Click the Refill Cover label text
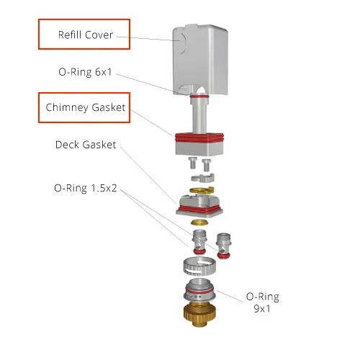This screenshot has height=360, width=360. [86, 35]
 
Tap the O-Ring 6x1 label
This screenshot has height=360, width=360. [85, 72]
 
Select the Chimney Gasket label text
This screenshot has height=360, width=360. [86, 107]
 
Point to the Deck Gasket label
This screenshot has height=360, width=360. [86, 145]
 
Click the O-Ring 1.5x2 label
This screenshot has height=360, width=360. [86, 188]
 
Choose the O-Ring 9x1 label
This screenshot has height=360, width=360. [263, 302]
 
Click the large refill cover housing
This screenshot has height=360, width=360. [200, 60]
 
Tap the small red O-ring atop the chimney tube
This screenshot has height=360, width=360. [199, 96]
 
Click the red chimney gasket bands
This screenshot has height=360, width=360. [199, 138]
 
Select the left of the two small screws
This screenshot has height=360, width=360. [192, 163]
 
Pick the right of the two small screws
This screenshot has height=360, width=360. [207, 165]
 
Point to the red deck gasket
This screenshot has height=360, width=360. [199, 209]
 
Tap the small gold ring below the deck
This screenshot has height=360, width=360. [199, 222]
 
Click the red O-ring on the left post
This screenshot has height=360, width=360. [199, 251]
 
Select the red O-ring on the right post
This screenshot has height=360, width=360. [224, 256]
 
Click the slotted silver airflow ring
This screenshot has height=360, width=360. [199, 266]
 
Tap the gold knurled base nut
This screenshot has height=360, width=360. [199, 315]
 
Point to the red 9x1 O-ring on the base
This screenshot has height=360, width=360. [199, 291]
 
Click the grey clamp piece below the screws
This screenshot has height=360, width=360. [203, 178]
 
